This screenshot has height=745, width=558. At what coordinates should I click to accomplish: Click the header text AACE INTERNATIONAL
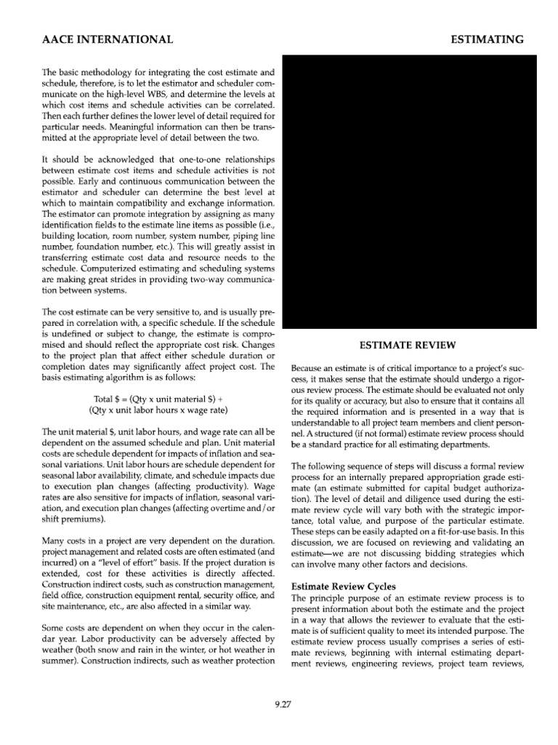point(98,39)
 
